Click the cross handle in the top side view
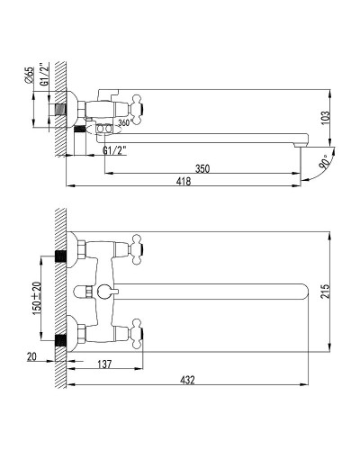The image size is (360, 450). coord(139,105)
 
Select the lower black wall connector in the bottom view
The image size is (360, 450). coord(61,340)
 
